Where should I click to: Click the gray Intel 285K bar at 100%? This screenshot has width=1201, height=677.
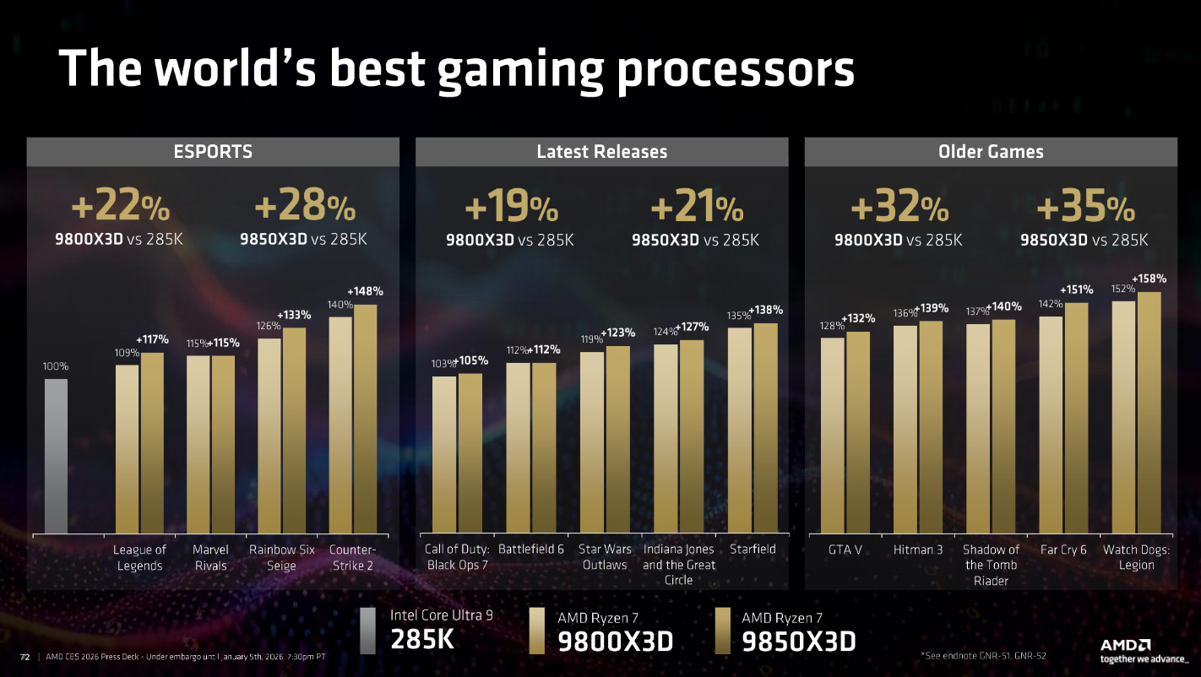56,456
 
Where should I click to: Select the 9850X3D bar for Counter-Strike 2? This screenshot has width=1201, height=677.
366,419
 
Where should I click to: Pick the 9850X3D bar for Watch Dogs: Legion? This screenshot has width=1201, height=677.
1149,413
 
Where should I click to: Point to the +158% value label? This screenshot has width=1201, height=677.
1149,279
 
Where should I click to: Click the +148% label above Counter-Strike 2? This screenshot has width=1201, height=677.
365,291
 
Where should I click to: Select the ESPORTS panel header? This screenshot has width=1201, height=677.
213,152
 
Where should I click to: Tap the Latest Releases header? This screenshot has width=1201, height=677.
601,152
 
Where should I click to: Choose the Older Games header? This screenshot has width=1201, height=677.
991,152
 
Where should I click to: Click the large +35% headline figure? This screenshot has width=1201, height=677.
1085,208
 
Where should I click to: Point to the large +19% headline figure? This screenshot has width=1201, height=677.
511,208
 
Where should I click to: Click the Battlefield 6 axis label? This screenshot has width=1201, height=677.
530,550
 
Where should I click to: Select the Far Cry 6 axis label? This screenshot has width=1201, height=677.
1063,550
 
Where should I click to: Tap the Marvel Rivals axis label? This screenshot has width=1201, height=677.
210,557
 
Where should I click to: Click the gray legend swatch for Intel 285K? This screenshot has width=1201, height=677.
367,631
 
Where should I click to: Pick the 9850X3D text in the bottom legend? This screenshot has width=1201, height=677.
798,642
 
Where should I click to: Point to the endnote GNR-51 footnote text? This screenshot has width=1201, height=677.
981,654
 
